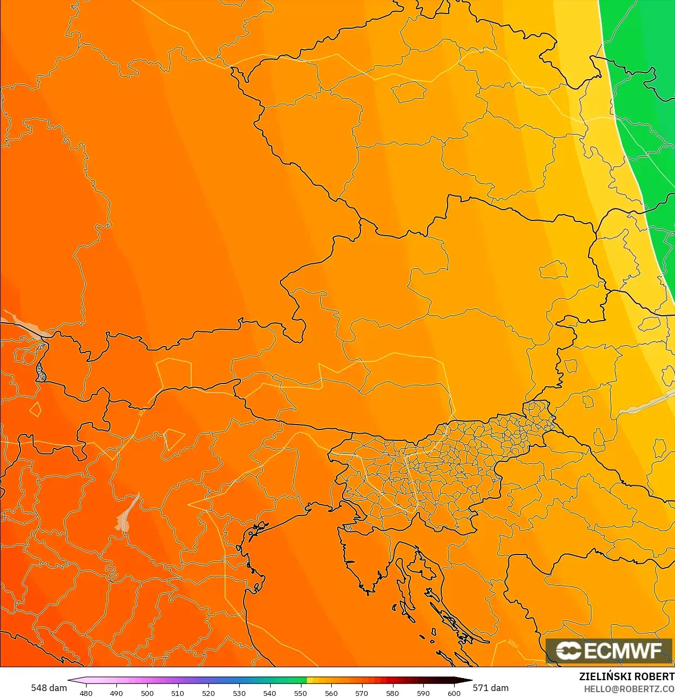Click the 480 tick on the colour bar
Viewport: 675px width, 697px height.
86,693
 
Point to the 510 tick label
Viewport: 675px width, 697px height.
178,693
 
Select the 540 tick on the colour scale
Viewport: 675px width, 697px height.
270,693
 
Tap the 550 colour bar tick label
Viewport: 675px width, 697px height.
300,693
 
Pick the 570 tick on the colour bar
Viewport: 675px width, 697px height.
362,693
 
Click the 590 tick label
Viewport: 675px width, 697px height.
423,693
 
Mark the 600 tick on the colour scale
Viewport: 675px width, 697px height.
454,693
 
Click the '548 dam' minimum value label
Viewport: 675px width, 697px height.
49,688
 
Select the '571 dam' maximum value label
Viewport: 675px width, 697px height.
491,688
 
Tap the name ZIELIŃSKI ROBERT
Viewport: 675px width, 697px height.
626,676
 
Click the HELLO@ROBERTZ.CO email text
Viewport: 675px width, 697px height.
629,689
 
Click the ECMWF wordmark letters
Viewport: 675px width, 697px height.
622,650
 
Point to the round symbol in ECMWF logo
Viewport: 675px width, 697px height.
568,650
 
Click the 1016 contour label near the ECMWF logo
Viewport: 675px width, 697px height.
512,644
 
